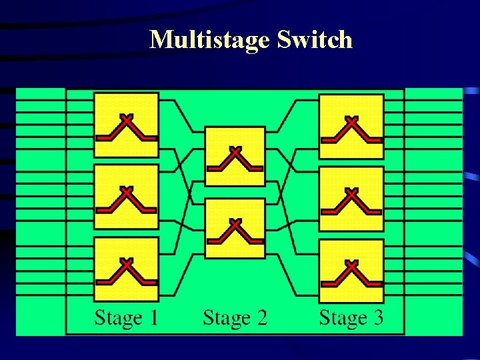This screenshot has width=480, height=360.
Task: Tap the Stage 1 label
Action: [126, 317]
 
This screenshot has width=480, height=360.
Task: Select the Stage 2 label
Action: [235, 317]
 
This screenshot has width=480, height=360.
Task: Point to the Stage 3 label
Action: [351, 317]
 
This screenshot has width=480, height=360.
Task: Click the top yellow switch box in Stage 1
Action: [126, 125]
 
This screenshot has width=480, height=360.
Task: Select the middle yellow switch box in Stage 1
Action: [126, 197]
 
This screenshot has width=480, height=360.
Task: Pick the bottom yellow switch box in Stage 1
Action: [126, 269]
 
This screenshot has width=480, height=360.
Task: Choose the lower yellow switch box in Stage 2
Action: [235, 228]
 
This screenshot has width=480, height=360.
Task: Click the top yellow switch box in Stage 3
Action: [351, 127]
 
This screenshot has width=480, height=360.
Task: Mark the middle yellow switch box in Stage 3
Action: [351, 199]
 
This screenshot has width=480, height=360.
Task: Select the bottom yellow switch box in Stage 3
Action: [351, 270]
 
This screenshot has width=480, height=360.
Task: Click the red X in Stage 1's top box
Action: [127, 119]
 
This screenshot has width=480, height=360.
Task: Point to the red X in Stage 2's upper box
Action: [235, 150]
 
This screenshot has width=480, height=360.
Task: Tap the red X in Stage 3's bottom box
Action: [351, 264]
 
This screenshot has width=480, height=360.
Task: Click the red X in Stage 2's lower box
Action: [235, 222]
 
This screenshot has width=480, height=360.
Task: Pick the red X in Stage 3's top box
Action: [351, 121]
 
